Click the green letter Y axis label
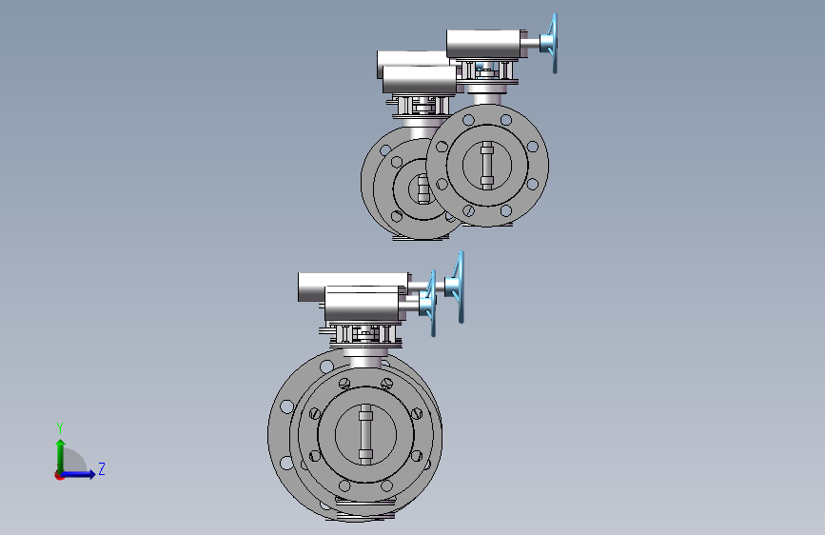click(x=60, y=428)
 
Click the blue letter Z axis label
click(x=102, y=468)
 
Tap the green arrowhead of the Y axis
click(x=61, y=444)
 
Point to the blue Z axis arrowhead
click(x=91, y=474)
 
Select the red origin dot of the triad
click(x=59, y=475)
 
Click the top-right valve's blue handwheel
click(x=552, y=43)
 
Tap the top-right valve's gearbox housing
click(x=486, y=44)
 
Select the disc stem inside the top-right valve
click(x=486, y=166)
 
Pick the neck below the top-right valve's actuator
click(x=487, y=98)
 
